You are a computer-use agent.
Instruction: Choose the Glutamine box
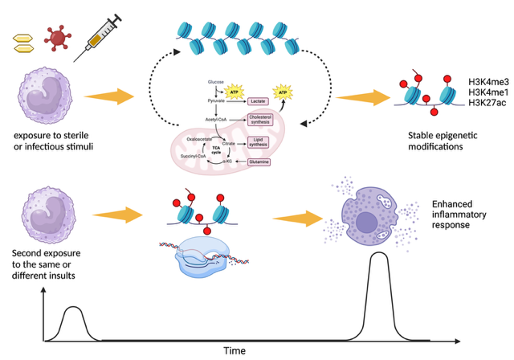tap(259, 162)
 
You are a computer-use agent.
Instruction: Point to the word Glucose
tap(215, 81)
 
